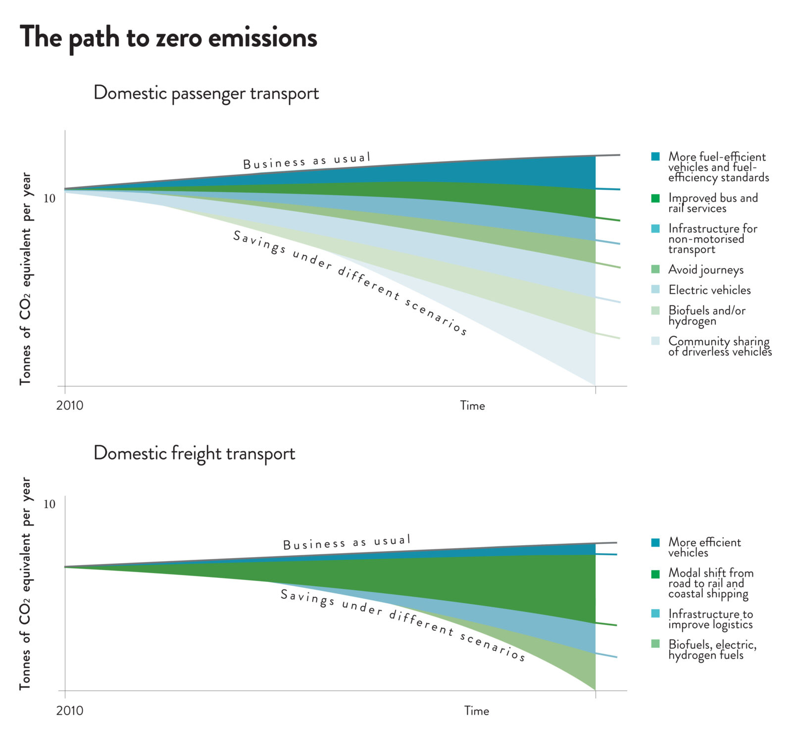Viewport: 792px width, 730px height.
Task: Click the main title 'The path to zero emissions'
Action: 168,38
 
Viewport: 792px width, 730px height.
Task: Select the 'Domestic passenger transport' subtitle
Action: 206,93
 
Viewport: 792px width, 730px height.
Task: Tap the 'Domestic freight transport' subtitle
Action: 194,453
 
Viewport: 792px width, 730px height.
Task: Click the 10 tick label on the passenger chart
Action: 49,199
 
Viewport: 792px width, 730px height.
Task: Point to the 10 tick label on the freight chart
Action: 49,504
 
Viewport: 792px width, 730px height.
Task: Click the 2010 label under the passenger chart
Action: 70,406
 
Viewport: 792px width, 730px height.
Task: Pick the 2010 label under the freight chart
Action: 70,711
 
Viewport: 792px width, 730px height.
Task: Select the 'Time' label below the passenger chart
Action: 472,406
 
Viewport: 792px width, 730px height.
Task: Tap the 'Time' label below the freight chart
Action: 476,711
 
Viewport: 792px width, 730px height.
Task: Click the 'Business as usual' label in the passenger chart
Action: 306,161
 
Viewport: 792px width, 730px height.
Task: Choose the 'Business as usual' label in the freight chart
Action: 346,542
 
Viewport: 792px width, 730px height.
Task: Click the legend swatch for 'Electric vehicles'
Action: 655,290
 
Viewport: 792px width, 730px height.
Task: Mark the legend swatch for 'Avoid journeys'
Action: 655,269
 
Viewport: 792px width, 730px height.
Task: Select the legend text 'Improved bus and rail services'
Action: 713,203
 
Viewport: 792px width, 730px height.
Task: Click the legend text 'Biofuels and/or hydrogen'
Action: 706,315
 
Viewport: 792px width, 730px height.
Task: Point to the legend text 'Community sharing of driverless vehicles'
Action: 719,346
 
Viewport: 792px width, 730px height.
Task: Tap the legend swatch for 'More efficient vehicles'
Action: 655,542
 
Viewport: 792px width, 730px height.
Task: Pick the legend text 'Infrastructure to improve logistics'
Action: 710,619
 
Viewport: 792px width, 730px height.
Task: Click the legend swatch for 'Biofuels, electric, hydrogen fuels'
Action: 655,644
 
